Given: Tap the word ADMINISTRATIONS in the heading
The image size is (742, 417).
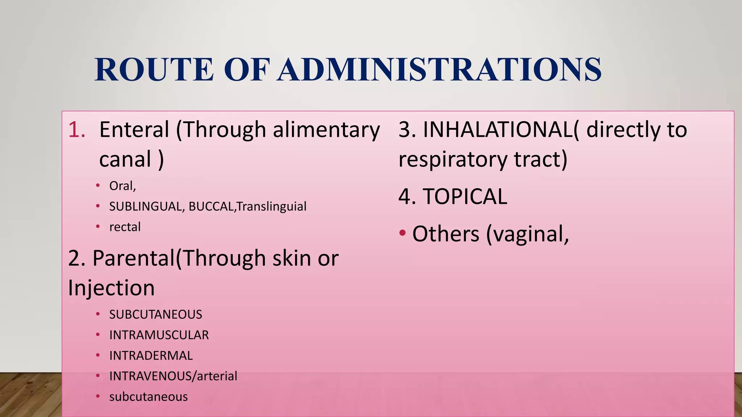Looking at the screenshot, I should pyautogui.click(x=440, y=69).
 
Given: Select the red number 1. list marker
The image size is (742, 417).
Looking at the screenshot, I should pyautogui.click(x=77, y=130).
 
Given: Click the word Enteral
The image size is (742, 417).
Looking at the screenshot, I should pyautogui.click(x=134, y=130).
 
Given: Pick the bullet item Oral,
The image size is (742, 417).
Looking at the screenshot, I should pyautogui.click(x=122, y=186).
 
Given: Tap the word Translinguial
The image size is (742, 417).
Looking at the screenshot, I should pyautogui.click(x=272, y=207).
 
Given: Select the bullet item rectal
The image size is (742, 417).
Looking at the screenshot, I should pyautogui.click(x=125, y=227).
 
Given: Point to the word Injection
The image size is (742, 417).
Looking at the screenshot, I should pyautogui.click(x=111, y=288).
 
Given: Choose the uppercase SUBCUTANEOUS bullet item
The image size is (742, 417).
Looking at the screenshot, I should pyautogui.click(x=155, y=315).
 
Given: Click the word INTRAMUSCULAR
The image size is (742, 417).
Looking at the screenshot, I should pyautogui.click(x=159, y=335).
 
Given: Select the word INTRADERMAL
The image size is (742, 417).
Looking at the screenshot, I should pyautogui.click(x=151, y=356).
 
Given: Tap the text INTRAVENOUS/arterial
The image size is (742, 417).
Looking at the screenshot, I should pyautogui.click(x=173, y=376).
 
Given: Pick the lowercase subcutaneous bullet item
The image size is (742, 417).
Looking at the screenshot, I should pyautogui.click(x=149, y=397).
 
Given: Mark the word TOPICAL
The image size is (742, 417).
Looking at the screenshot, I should pyautogui.click(x=465, y=197).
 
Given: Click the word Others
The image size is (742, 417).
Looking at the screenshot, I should pyautogui.click(x=446, y=234).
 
